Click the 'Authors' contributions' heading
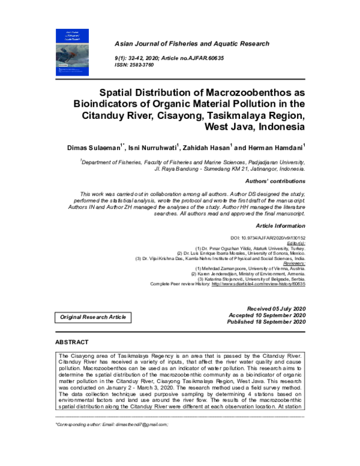coord(275,181)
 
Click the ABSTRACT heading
coord(72,342)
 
